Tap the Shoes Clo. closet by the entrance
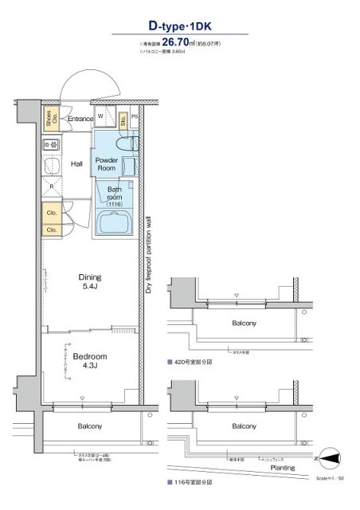51,120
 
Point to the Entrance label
80,120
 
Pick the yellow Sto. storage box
123,120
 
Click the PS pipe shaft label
135,116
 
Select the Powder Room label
107,164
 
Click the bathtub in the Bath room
117,222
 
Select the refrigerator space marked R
52,187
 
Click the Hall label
77,164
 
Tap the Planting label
283,469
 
